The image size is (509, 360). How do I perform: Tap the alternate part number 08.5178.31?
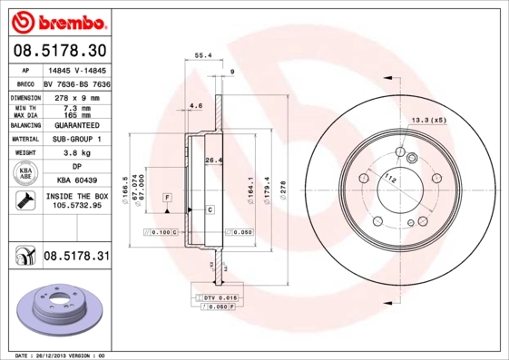(76, 257)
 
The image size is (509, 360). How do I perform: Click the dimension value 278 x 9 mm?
(76, 97)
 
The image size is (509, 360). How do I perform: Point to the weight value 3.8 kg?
(76, 153)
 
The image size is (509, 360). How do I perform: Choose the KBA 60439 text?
(76, 180)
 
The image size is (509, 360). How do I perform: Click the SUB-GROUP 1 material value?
(76, 139)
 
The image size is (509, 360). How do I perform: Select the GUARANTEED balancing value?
(76, 125)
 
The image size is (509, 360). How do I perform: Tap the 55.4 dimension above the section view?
(204, 55)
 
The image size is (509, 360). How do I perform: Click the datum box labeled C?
(210, 209)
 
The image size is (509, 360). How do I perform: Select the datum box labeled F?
(167, 197)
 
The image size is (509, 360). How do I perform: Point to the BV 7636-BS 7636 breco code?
(76, 82)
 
